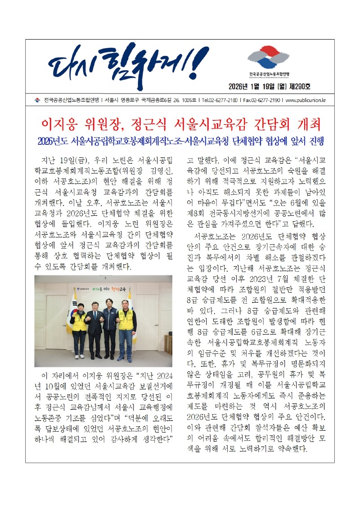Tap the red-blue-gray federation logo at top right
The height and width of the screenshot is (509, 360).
coord(269,57)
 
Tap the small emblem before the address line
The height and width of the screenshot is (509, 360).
coord(37,100)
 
